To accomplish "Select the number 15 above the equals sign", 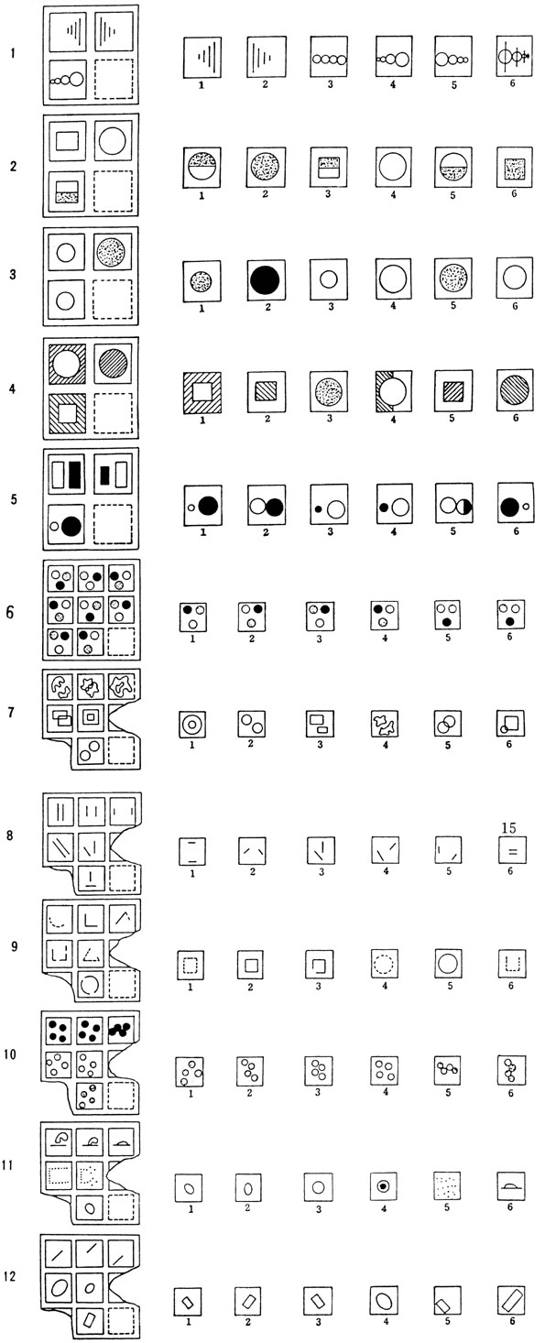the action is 508,828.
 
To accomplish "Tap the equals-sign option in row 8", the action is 513,851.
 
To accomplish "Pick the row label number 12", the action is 10,1276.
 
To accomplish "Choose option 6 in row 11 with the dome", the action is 511,1186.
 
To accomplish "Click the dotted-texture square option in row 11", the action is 447,1186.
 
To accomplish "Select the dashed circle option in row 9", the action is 385,964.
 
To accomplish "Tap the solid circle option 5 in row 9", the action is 448,964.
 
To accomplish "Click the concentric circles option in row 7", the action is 191,725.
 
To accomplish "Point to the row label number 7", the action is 10,713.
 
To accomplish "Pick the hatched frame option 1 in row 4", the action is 202,393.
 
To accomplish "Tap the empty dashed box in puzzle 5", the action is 113,524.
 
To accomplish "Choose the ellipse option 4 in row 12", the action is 385,1301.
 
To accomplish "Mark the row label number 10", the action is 10,1054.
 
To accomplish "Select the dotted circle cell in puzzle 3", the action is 113,253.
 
